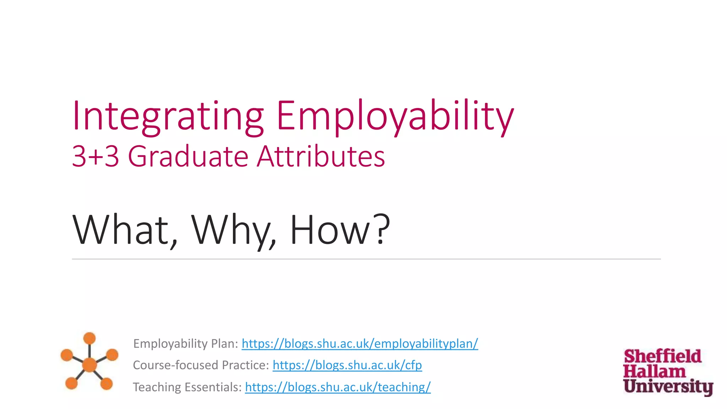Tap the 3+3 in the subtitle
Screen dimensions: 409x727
[95, 156]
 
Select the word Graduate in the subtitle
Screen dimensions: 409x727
[188, 156]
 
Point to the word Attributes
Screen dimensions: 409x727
[321, 156]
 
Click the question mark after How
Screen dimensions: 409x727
[383, 229]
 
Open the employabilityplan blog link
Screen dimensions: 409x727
[360, 344]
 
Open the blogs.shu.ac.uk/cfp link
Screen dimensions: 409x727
[347, 365]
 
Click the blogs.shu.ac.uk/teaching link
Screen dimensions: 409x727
[338, 387]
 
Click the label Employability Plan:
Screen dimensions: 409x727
[185, 344]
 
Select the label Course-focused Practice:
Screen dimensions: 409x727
[201, 365]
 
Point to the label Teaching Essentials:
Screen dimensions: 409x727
[187, 387]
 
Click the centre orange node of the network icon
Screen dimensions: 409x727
[89, 365]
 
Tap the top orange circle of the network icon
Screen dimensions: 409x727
[89, 338]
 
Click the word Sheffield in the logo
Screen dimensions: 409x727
[662, 356]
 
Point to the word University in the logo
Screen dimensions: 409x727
[668, 386]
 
